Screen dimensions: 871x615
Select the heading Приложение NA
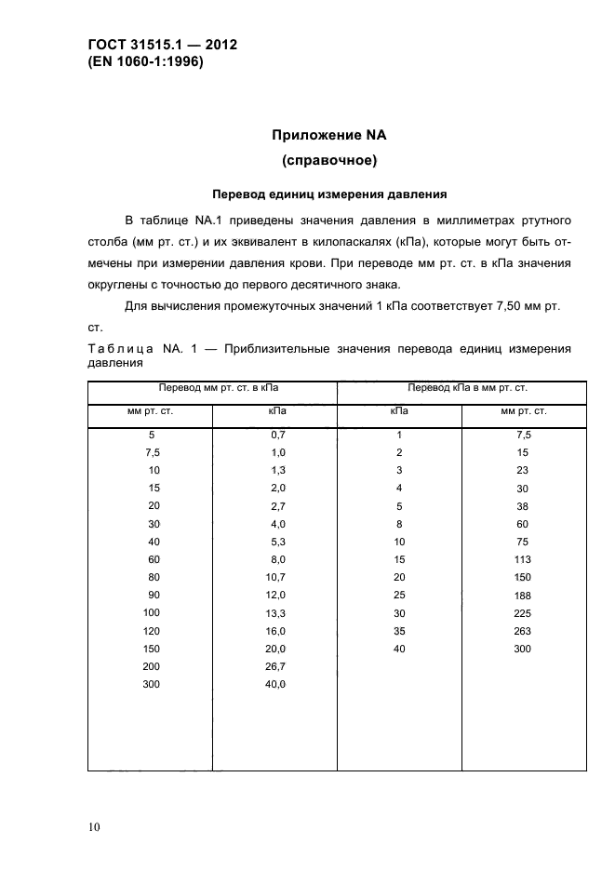tap(328, 135)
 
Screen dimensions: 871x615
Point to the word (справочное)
tap(328, 161)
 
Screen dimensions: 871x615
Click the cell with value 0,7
tap(276, 435)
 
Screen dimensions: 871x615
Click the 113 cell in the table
tap(522, 559)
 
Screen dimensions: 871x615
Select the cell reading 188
tap(522, 595)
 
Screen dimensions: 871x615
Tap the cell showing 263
tap(522, 630)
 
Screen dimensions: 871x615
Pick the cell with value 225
tap(522, 612)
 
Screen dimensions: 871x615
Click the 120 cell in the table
tap(152, 630)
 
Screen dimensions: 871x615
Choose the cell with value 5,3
tap(276, 542)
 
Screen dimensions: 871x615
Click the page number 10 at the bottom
tap(95, 826)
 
